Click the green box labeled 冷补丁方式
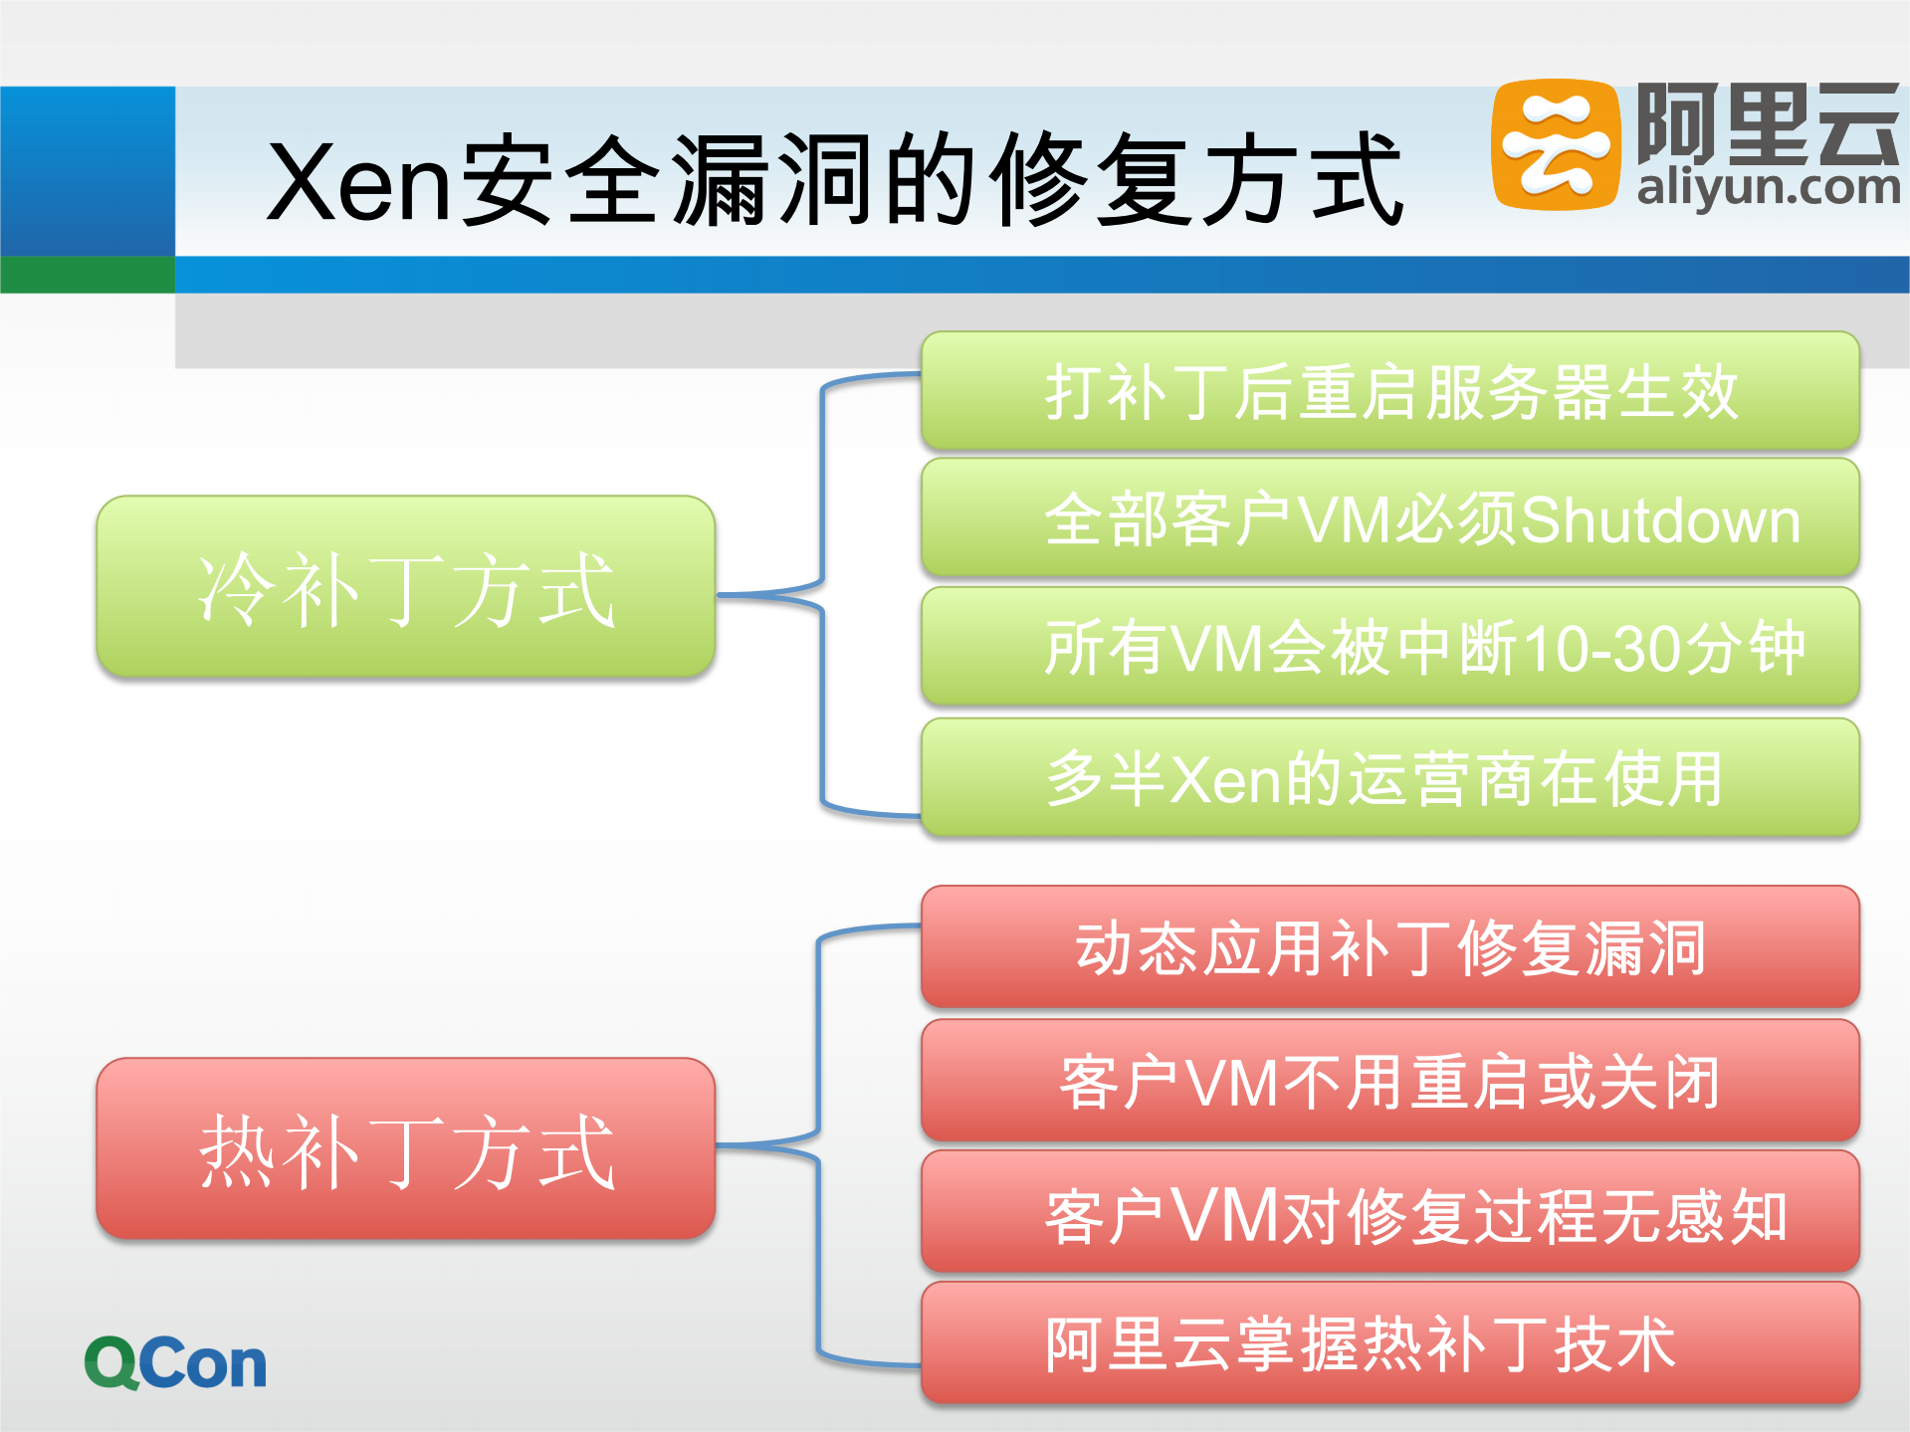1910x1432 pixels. point(405,587)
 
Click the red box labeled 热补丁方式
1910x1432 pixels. point(405,1148)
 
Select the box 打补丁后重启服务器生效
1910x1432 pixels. point(1389,391)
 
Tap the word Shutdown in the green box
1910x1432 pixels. point(1660,520)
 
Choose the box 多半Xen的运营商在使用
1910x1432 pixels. point(1389,777)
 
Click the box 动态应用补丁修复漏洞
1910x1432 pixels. point(1389,947)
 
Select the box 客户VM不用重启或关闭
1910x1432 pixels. point(1389,1081)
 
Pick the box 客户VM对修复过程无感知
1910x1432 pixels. point(1389,1214)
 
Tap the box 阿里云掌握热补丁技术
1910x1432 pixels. point(1389,1343)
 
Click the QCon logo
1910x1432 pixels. point(175,1362)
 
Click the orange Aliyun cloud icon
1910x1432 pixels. point(1554,145)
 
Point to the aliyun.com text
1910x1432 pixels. point(1769,188)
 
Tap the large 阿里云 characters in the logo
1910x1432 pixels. point(1768,123)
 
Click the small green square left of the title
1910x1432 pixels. point(88,275)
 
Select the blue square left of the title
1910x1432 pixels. point(88,170)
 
